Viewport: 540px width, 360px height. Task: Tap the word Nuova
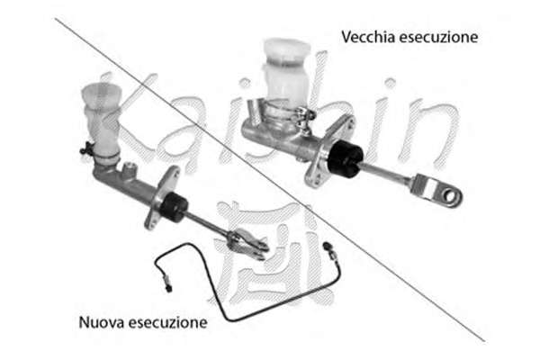pyautogui.click(x=102, y=322)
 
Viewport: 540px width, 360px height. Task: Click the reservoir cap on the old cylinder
pyautogui.click(x=287, y=50)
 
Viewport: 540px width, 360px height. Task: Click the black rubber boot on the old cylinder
pyautogui.click(x=345, y=158)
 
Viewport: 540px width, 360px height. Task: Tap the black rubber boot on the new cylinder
pyautogui.click(x=174, y=207)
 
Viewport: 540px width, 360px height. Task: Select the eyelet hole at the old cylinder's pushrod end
pyautogui.click(x=451, y=196)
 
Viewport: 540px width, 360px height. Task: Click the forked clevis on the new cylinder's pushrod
pyautogui.click(x=247, y=244)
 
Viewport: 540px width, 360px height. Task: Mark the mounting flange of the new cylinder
pyautogui.click(x=161, y=198)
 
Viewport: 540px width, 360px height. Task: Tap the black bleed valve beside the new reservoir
pyautogui.click(x=86, y=148)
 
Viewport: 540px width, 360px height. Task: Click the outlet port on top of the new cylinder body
pyautogui.click(x=130, y=169)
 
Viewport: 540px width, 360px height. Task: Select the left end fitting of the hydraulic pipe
pyautogui.click(x=167, y=283)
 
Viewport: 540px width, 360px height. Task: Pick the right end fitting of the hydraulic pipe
pyautogui.click(x=328, y=250)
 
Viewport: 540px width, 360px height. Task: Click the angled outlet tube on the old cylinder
pyautogui.click(x=256, y=111)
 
